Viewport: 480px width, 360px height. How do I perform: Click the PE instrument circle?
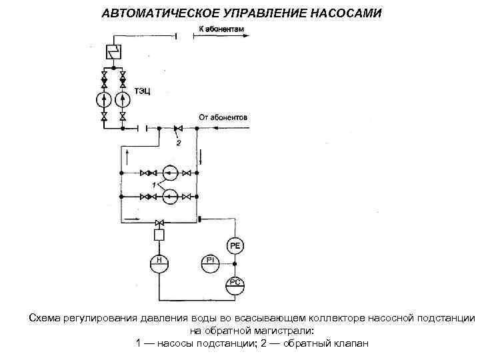(x=236, y=246)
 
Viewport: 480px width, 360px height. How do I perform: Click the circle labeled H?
(x=159, y=261)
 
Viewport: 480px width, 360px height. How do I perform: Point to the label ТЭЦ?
(x=142, y=91)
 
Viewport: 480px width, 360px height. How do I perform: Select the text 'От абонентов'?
(x=223, y=117)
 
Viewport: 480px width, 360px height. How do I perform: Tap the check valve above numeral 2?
(x=177, y=127)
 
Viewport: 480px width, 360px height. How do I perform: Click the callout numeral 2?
(x=178, y=141)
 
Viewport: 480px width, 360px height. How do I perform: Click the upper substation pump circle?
(x=170, y=173)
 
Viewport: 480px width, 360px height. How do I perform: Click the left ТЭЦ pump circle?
(x=103, y=100)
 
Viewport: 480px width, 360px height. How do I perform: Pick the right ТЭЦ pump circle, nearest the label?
(x=122, y=100)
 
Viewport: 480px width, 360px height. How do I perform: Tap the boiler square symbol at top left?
(x=113, y=51)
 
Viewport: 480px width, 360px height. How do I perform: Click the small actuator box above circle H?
(x=159, y=236)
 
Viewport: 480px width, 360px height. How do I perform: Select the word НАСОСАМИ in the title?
(x=342, y=13)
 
